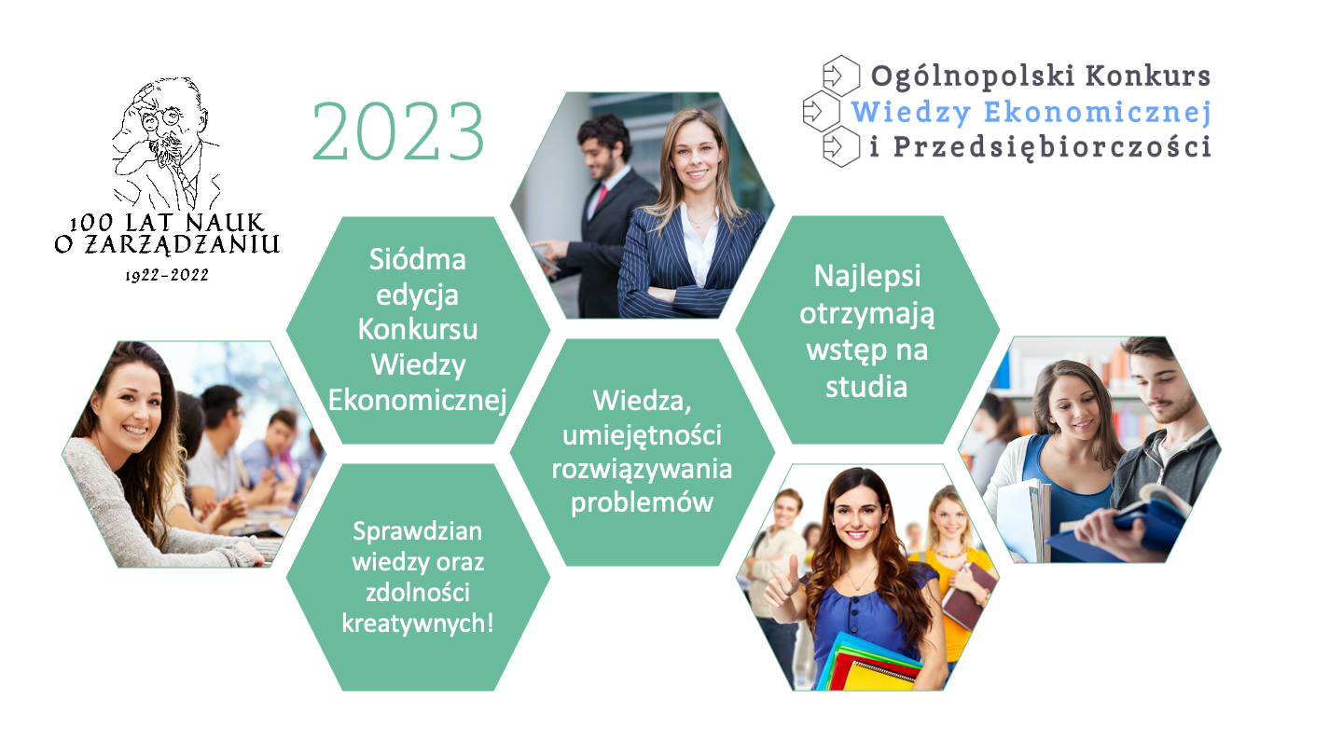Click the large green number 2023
pos(398,131)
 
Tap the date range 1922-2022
pos(167,276)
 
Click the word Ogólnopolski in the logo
pos(973,77)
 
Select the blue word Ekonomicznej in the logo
pos(1097,112)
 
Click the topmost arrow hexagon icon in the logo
pos(840,75)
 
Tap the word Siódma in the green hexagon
pos(417,259)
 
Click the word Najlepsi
pos(867,277)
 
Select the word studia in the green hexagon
pos(866,387)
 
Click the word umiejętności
pos(642,435)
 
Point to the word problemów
pos(642,502)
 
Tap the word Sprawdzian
pos(417,531)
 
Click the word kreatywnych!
pos(417,624)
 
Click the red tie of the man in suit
pos(601,198)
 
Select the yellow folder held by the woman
pos(880,674)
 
